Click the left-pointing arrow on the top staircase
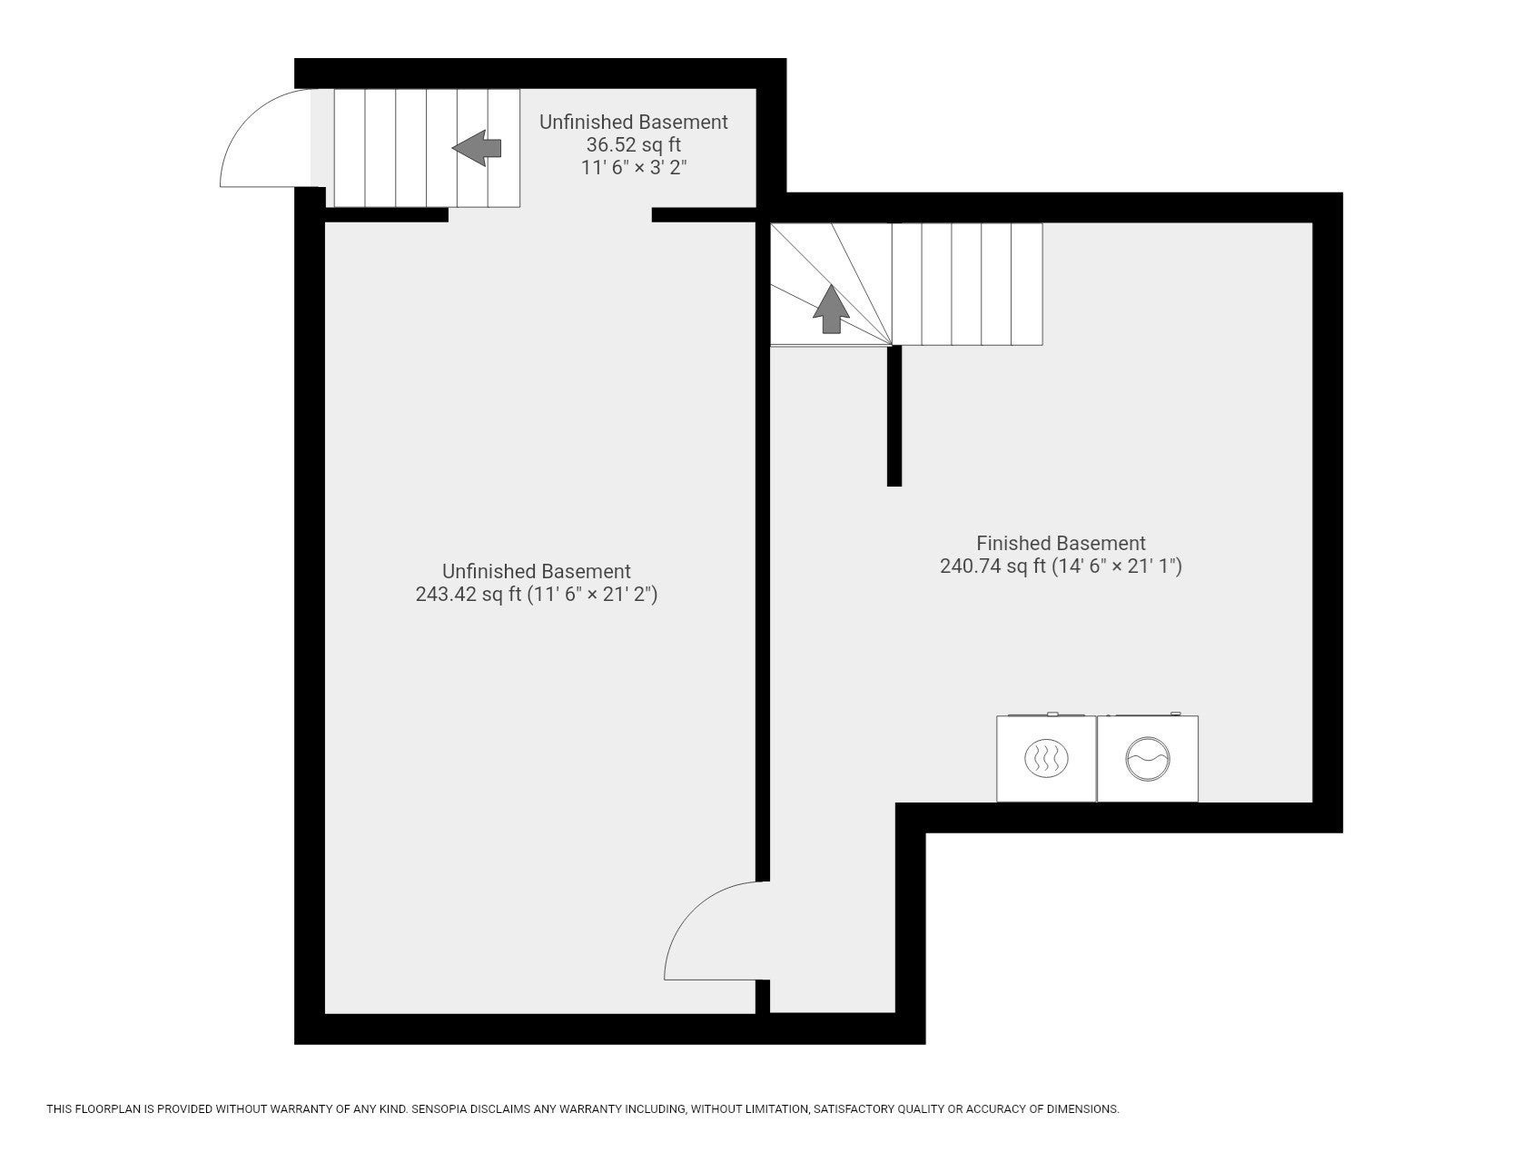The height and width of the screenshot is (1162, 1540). point(477,148)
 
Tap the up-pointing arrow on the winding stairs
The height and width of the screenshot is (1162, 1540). point(831,309)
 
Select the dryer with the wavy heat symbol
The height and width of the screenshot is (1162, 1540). point(1047,758)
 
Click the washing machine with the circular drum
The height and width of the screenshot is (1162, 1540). point(1148,758)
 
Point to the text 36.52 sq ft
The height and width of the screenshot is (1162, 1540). point(634,144)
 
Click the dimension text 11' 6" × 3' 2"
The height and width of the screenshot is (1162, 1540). point(634,168)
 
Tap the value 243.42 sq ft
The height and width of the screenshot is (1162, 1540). point(469,595)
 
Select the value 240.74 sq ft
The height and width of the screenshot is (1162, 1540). point(992,566)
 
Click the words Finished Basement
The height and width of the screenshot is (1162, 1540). point(1061,543)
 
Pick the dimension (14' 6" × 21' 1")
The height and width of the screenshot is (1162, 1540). point(1117,566)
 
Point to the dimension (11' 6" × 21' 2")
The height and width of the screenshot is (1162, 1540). point(592,595)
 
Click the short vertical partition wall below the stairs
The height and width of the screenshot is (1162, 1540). point(894,416)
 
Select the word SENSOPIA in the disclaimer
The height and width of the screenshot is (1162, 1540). point(441,1109)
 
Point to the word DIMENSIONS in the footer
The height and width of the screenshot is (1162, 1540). point(1082,1109)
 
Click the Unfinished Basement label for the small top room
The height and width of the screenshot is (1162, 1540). point(634,122)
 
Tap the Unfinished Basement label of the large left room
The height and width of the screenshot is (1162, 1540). point(537,571)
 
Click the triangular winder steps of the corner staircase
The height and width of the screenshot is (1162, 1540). point(831,284)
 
